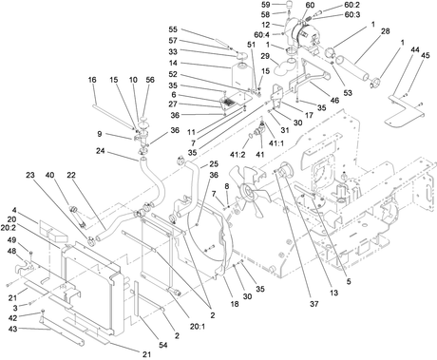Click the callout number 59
266,5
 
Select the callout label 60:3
351,15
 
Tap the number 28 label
385,31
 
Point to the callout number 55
173,29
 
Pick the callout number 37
313,304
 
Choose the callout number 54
163,345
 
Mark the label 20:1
198,326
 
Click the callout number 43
12,330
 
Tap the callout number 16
92,80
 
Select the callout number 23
30,175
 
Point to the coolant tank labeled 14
242,77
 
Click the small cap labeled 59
291,6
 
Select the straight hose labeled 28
352,67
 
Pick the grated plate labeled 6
228,103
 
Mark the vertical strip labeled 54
137,298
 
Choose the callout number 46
334,101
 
